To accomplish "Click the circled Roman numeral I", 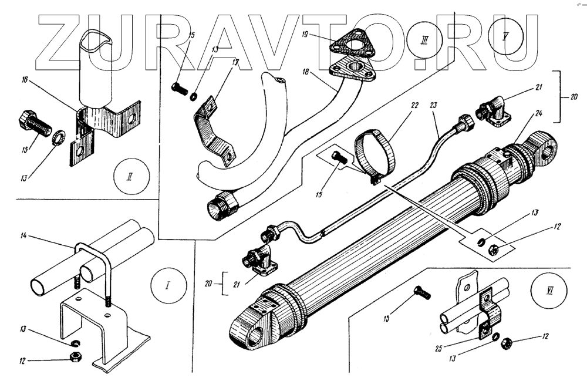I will click(x=168, y=286).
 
